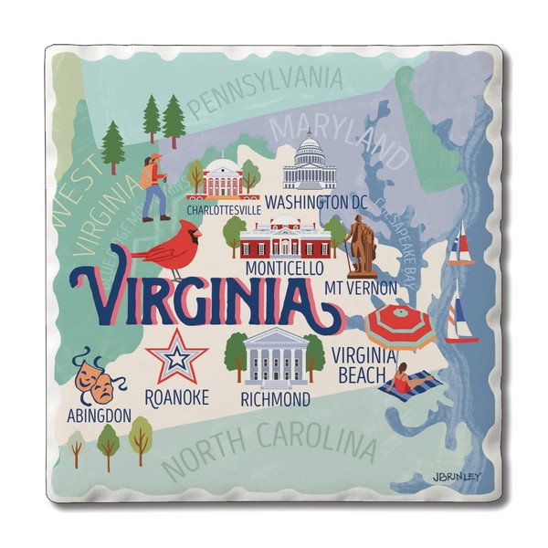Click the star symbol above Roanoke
pyautogui.click(x=178, y=356)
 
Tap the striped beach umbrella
pyautogui.click(x=399, y=326)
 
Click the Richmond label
pyautogui.click(x=275, y=399)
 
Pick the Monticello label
pyautogui.click(x=284, y=269)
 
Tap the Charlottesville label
pyautogui.click(x=223, y=209)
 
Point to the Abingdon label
pyautogui.click(x=100, y=416)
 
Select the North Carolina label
pyautogui.click(x=271, y=448)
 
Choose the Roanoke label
pyautogui.click(x=177, y=397)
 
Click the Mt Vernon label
pyautogui.click(x=361, y=289)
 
